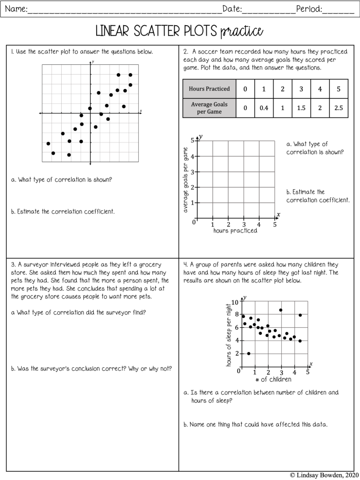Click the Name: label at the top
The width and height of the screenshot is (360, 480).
point(15,8)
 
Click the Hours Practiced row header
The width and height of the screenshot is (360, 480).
point(209,88)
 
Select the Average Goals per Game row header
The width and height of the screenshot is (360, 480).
point(209,108)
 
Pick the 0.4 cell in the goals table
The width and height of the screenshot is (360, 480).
point(264,108)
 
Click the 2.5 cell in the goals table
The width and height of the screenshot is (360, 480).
point(338,108)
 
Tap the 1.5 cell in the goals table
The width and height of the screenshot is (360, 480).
point(301,108)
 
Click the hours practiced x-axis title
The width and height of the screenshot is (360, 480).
point(235,231)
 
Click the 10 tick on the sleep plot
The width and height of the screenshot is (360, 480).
point(235,302)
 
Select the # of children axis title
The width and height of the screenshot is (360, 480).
point(273,379)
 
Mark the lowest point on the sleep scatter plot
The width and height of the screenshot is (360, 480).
point(248,353)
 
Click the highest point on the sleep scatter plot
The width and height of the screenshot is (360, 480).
point(280,310)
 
